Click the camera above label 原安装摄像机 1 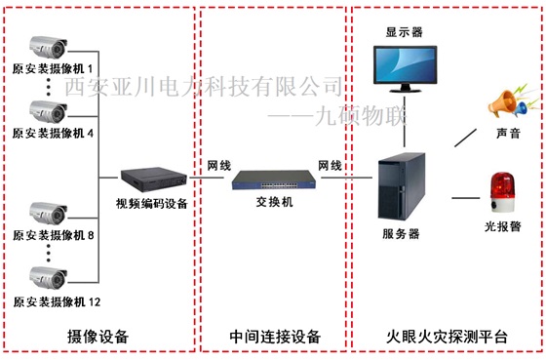tap(47, 45)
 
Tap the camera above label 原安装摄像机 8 tap(47, 213)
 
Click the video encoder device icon tap(151, 179)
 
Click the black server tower tap(401, 185)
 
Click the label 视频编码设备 tap(151, 203)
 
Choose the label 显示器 tap(404, 31)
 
